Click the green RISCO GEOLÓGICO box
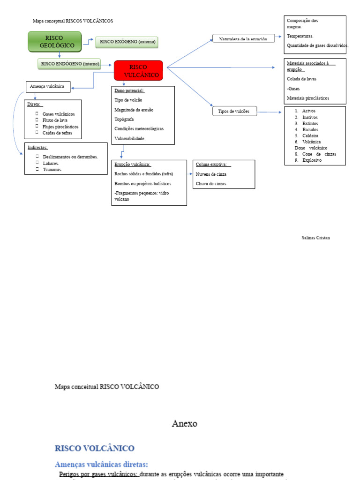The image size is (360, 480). point(55,41)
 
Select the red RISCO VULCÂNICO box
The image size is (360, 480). point(138,71)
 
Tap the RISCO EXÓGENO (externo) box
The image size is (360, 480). point(127,42)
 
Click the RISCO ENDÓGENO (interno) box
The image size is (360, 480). point(70,63)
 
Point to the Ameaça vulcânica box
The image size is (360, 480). point(48,87)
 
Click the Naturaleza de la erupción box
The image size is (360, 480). point(243,39)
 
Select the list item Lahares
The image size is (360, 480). point(51,163)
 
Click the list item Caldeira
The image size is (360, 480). point(310,135)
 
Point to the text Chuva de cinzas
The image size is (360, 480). point(211,183)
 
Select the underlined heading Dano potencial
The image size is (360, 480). point(129,90)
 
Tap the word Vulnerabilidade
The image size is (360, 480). point(129,138)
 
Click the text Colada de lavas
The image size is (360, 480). point(301,79)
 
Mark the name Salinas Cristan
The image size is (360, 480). point(315,238)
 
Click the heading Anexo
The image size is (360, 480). point(185,424)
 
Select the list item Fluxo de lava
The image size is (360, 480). point(55,120)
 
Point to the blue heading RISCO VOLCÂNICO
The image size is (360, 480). point(95,448)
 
